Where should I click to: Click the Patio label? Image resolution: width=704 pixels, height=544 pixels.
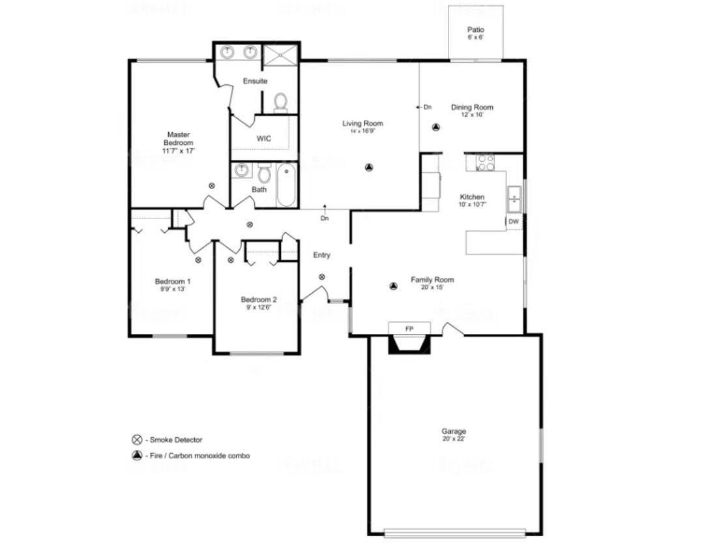click(x=476, y=30)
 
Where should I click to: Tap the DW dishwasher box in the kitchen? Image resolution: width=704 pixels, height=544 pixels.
click(x=514, y=222)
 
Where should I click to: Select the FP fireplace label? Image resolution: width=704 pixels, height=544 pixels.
click(x=409, y=328)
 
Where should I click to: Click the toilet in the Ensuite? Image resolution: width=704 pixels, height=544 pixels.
click(x=281, y=102)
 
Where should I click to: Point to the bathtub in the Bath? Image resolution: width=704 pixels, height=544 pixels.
click(x=287, y=185)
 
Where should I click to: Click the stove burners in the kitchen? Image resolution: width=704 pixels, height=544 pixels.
click(x=486, y=162)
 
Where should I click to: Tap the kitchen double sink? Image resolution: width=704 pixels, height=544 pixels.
click(x=514, y=199)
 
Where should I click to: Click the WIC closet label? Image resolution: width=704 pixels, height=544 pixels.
click(x=263, y=139)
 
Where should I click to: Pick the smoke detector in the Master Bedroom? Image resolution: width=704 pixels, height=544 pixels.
click(x=212, y=186)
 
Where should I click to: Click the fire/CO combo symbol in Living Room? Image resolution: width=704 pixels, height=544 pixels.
click(x=369, y=168)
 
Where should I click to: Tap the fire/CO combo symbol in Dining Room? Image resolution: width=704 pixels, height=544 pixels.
click(x=436, y=128)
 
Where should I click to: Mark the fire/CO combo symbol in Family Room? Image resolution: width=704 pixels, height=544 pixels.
click(x=393, y=285)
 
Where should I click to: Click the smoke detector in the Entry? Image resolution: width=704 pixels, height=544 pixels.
click(x=322, y=277)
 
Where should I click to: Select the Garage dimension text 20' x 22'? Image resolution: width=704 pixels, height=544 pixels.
click(x=454, y=439)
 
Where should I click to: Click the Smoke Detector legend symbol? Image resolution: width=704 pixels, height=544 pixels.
click(x=137, y=440)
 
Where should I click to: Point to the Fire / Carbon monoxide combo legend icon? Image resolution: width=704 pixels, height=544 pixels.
click(x=137, y=456)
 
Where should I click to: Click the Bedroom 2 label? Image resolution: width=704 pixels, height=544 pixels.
click(x=259, y=300)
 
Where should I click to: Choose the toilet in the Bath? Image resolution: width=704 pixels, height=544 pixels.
click(x=264, y=174)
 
